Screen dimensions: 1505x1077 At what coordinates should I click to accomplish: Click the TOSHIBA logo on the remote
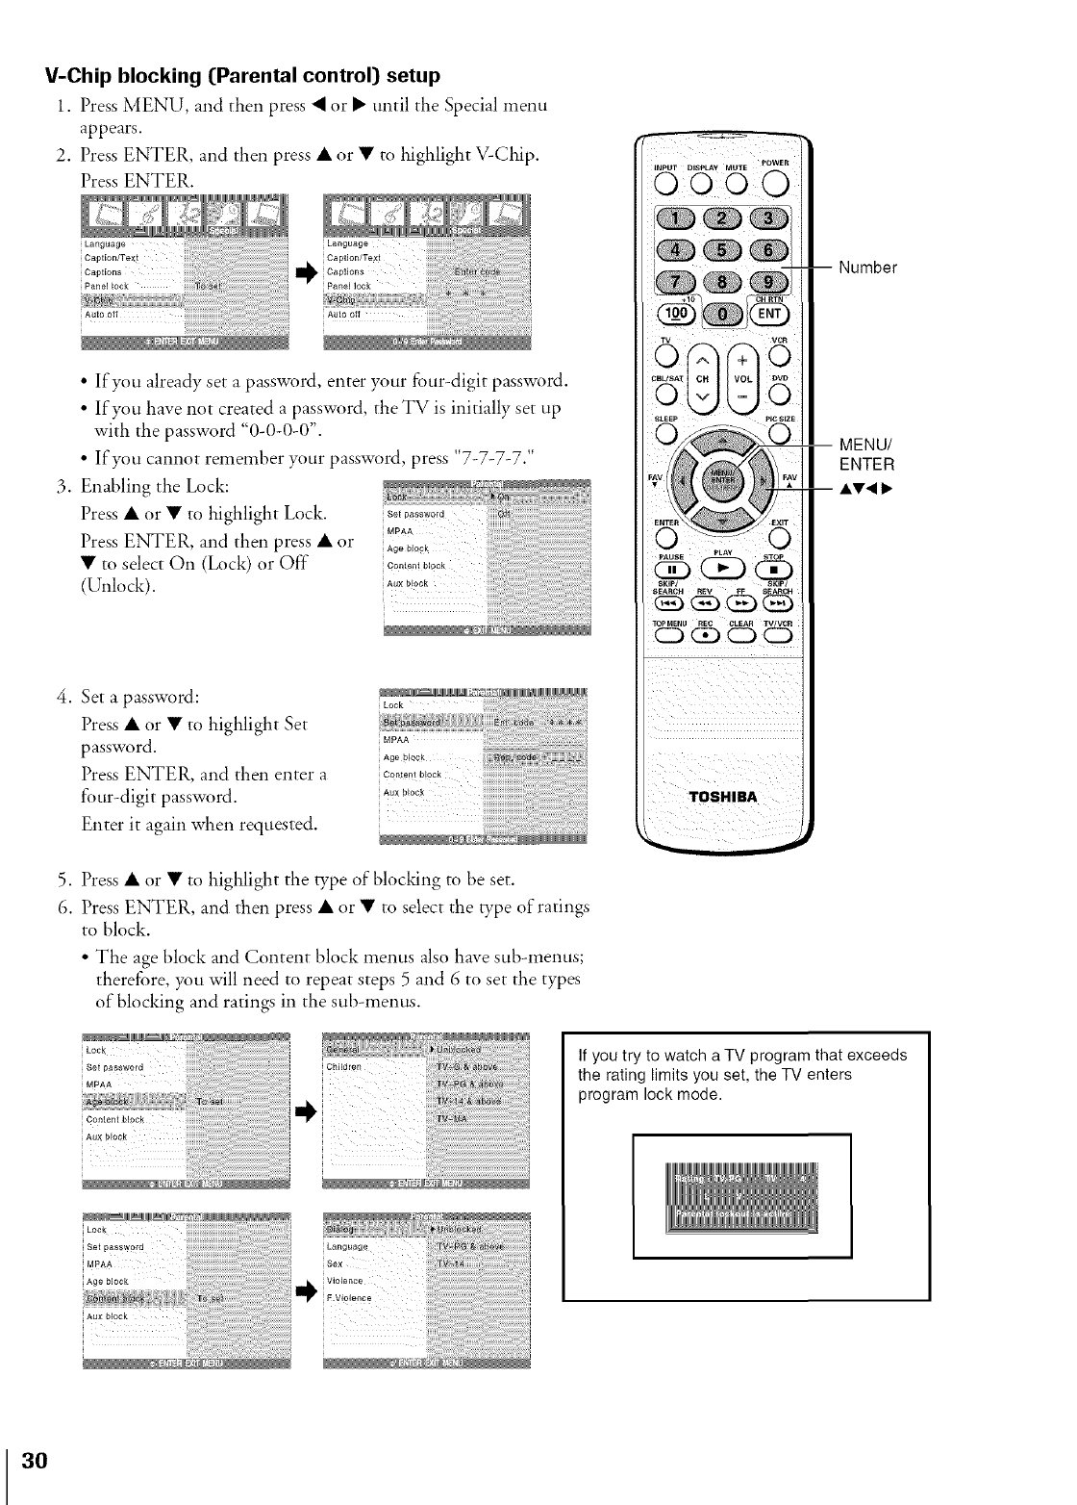tap(723, 797)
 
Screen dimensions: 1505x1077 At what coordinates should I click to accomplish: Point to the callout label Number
tap(867, 268)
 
